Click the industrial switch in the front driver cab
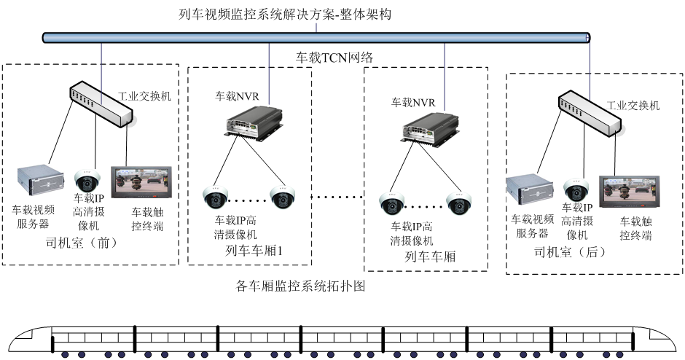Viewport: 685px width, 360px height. tap(103, 103)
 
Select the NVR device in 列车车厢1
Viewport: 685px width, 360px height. tap(251, 120)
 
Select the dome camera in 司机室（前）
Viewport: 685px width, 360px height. tap(87, 181)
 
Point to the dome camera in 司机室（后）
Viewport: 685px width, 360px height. tap(576, 189)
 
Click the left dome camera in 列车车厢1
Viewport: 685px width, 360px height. tap(215, 197)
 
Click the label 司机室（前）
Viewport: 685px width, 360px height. tap(81, 243)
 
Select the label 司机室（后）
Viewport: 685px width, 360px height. tap(570, 252)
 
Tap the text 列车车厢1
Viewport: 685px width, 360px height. tap(254, 251)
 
